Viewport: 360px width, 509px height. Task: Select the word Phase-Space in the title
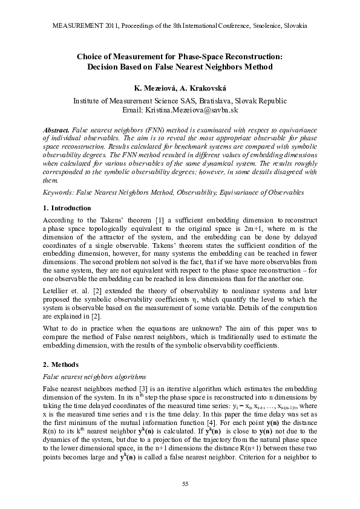(233, 56)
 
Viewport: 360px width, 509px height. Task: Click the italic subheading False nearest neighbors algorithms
(95, 376)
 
